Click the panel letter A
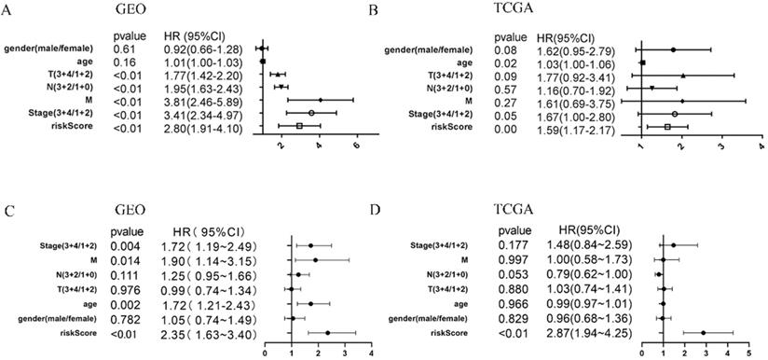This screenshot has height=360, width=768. point(8,10)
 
